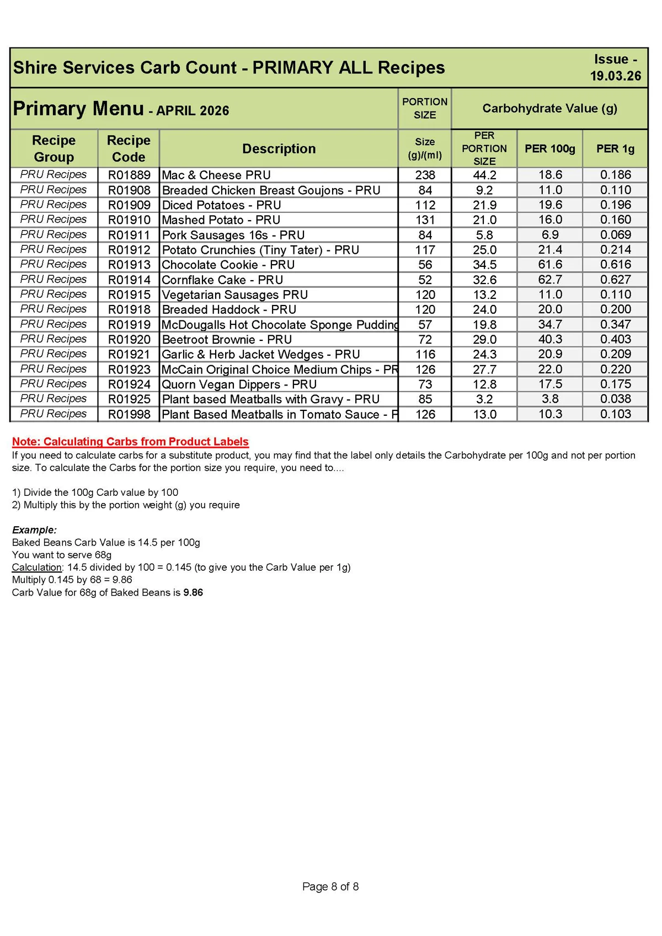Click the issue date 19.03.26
point(615,76)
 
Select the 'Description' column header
point(279,148)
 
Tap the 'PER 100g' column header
point(549,148)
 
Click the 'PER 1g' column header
point(615,148)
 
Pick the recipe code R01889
point(129,175)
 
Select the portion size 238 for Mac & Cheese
point(425,175)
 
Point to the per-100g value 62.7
point(549,280)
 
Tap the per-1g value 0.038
point(615,399)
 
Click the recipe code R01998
point(129,414)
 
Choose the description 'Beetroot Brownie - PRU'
point(227,339)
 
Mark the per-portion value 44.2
point(484,175)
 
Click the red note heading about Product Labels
point(130,441)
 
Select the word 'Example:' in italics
point(34,529)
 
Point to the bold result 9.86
point(193,592)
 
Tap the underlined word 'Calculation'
point(36,567)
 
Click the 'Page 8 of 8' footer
point(330,886)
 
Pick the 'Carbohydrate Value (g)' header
point(549,108)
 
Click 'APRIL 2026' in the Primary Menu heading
point(193,111)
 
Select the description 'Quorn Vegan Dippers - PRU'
point(239,384)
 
